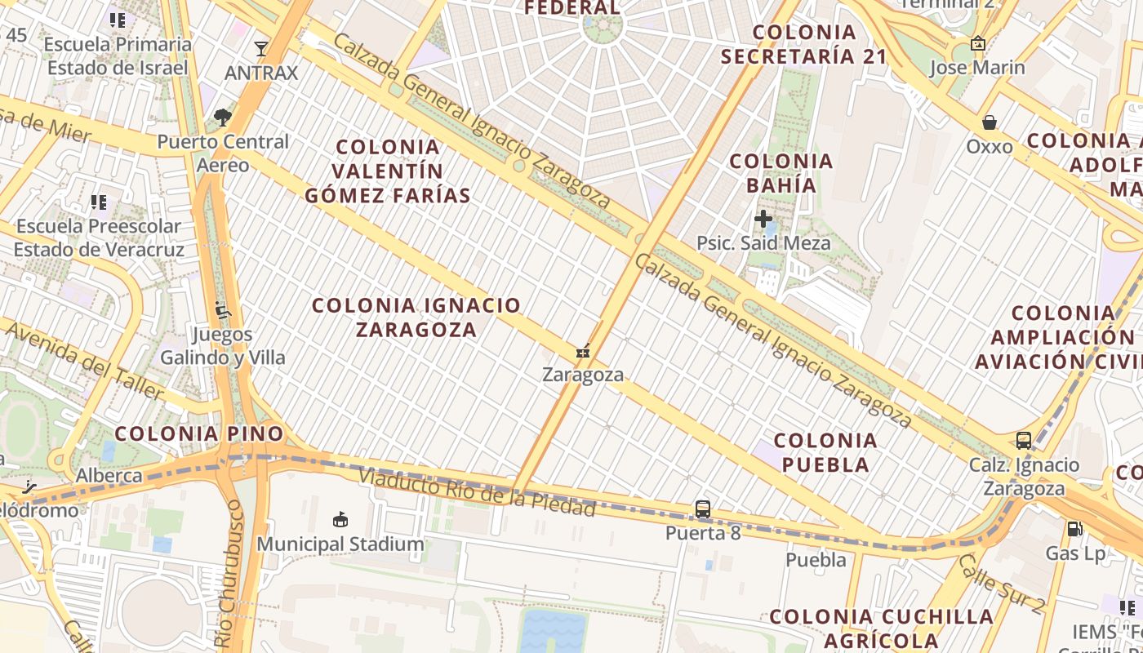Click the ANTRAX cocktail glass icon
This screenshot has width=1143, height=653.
tap(261, 49)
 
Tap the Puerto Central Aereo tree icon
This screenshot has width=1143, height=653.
tap(221, 118)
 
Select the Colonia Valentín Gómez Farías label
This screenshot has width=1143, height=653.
tap(388, 171)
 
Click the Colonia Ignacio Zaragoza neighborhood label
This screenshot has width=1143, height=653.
tap(416, 318)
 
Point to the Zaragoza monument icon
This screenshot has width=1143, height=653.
tap(583, 352)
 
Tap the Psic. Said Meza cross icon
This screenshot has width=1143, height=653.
tap(763, 219)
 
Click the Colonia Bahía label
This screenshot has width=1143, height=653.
tap(781, 173)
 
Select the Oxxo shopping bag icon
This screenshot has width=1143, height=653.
tap(990, 122)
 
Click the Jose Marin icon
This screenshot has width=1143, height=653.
tap(977, 43)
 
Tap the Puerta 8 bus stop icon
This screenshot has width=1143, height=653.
tap(702, 509)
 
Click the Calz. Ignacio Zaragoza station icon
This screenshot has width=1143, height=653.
tap(1024, 441)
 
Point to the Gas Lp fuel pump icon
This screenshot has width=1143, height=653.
tap(1075, 529)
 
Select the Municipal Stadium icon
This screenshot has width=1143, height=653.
tap(340, 519)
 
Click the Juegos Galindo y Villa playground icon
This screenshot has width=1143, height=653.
tap(222, 310)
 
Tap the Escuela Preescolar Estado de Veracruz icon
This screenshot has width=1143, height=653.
tap(99, 202)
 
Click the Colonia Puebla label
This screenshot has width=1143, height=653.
tap(825, 452)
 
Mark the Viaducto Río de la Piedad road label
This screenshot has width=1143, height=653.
tap(476, 491)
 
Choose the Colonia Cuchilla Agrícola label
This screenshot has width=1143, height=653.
tap(882, 628)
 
